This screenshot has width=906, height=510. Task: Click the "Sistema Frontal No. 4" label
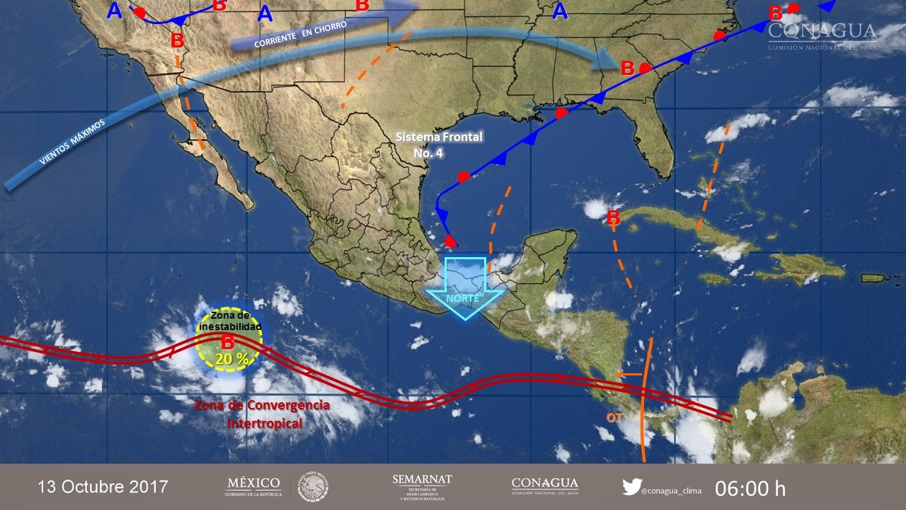coord(429,144)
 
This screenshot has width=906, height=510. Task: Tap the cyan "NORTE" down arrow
coord(465,288)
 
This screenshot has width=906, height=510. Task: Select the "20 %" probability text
coord(232,359)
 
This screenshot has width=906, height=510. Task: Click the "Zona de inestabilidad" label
coord(230,322)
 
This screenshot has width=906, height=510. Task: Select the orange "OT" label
coord(613,417)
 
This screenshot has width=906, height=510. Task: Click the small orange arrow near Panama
coord(628,374)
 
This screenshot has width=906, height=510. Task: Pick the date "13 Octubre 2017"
coord(103,487)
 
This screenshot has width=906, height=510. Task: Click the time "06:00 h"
coord(750,488)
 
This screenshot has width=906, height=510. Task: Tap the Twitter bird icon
coord(631,487)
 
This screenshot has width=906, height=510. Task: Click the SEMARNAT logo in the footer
coord(422,487)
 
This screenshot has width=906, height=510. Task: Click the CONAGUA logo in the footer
coord(544,487)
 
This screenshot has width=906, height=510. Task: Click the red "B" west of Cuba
coord(614,217)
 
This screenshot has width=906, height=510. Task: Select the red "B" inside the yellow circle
coord(228,342)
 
